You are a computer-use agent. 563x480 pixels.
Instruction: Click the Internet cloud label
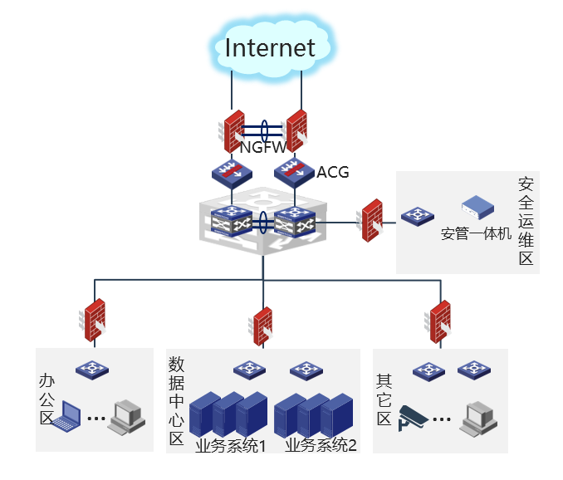tap(270, 47)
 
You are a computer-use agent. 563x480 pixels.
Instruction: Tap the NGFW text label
tap(263, 147)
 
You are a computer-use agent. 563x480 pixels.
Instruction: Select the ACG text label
tap(333, 173)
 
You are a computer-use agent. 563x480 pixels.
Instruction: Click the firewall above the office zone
tap(93, 320)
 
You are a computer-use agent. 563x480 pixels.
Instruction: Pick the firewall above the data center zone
tap(261, 326)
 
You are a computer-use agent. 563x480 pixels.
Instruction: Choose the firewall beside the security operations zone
tap(370, 220)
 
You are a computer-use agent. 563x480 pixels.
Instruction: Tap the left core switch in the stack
tap(232, 222)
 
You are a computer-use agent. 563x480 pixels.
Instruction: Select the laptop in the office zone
tap(66, 416)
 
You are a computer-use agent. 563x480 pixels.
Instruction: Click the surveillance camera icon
tap(413, 418)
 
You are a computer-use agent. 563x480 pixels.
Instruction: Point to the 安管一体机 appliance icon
tap(478, 207)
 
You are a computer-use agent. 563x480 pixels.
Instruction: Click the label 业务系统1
tap(230, 445)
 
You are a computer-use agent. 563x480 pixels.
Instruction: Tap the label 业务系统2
tap(321, 445)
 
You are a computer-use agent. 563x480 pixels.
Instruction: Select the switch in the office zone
tap(92, 370)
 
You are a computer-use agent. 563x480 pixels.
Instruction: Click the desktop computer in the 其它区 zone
tap(478, 419)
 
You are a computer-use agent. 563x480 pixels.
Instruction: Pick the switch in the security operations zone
tap(418, 216)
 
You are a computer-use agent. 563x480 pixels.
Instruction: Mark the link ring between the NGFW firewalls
tap(264, 131)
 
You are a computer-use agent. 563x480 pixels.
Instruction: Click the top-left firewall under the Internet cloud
tap(233, 131)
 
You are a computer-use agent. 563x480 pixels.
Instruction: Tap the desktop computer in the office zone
tap(127, 418)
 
